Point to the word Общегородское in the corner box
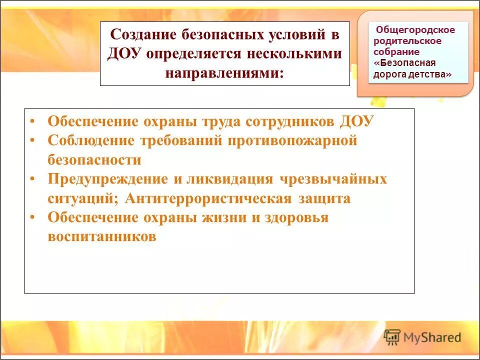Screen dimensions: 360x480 pos(415,30)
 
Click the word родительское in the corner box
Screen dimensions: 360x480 pos(407,41)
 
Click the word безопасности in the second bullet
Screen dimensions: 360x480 pos(94,160)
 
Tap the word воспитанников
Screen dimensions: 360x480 pos(102,237)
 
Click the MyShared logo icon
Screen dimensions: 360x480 pos(392,337)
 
